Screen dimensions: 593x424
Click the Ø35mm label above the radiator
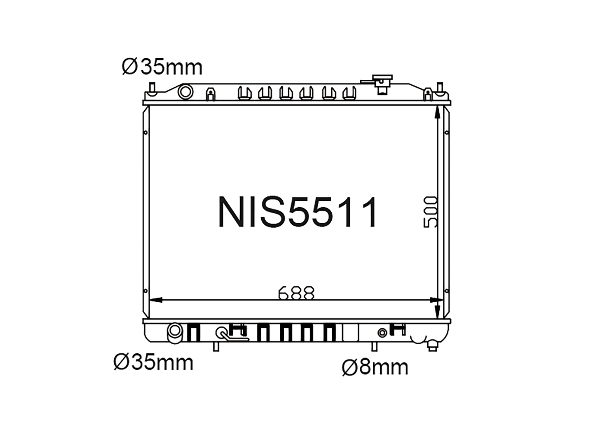162,67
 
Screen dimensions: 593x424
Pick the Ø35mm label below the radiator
153,363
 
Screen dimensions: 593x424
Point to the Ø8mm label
375,367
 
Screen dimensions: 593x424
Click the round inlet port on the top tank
185,92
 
